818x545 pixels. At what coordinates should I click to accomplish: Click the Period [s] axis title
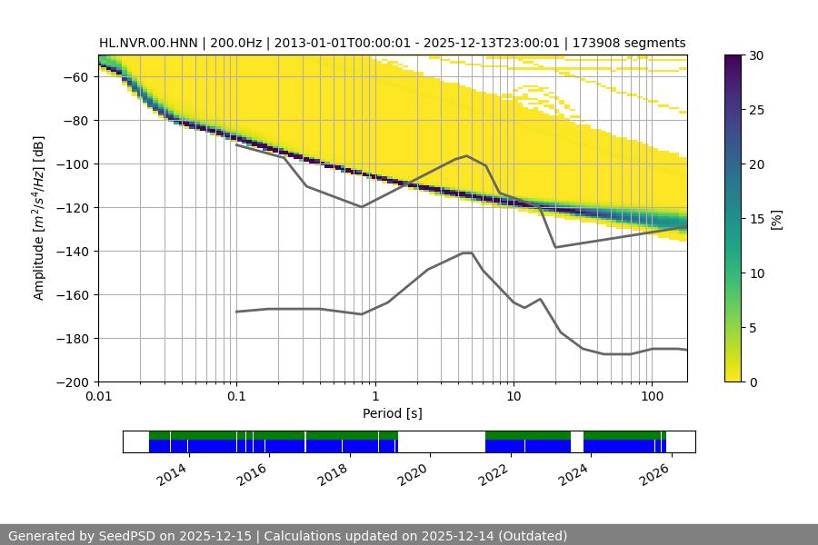(x=393, y=414)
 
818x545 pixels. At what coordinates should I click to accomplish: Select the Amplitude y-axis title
(x=39, y=218)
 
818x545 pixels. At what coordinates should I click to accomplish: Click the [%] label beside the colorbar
(x=776, y=219)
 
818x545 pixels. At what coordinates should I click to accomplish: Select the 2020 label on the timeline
(x=414, y=473)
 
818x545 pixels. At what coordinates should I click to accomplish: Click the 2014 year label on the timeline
(x=172, y=473)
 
